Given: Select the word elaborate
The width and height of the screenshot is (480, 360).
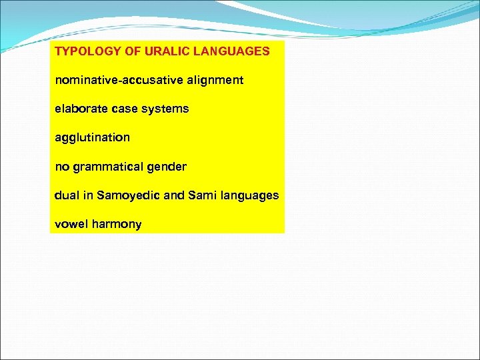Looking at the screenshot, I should tap(79, 109).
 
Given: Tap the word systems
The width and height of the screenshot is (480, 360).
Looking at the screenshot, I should tap(165, 109).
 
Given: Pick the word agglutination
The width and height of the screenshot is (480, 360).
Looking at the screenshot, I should tap(92, 138).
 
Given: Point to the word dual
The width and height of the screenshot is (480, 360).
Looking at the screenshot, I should tap(66, 195).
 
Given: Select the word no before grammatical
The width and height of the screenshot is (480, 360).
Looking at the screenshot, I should tap(61, 167).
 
